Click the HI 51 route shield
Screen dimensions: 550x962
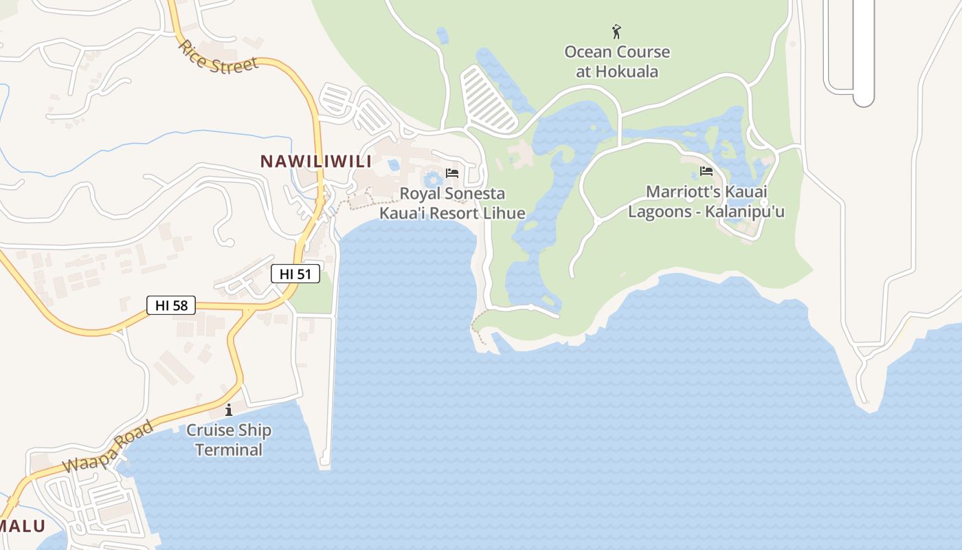[295, 274]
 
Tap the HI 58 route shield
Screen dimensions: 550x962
[171, 305]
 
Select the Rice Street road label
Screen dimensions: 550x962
[218, 58]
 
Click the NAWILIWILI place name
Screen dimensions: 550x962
[315, 162]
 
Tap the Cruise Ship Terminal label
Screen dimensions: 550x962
[229, 440]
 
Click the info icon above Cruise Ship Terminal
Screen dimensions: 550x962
[229, 410]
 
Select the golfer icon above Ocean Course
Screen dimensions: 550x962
[616, 32]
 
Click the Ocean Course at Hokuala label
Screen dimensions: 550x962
[617, 62]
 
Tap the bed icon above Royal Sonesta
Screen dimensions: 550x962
[451, 173]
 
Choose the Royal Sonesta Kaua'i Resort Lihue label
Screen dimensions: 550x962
[452, 203]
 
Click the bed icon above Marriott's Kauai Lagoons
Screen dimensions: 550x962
[706, 171]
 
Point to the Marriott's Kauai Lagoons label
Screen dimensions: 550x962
[706, 201]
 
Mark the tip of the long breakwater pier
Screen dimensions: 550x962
[325, 465]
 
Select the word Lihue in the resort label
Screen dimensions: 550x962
[504, 213]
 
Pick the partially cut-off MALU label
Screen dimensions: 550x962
[22, 526]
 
